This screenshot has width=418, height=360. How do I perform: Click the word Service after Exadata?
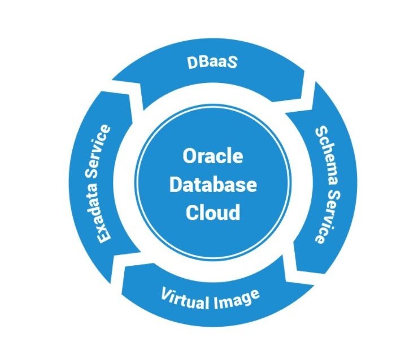point(101,151)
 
